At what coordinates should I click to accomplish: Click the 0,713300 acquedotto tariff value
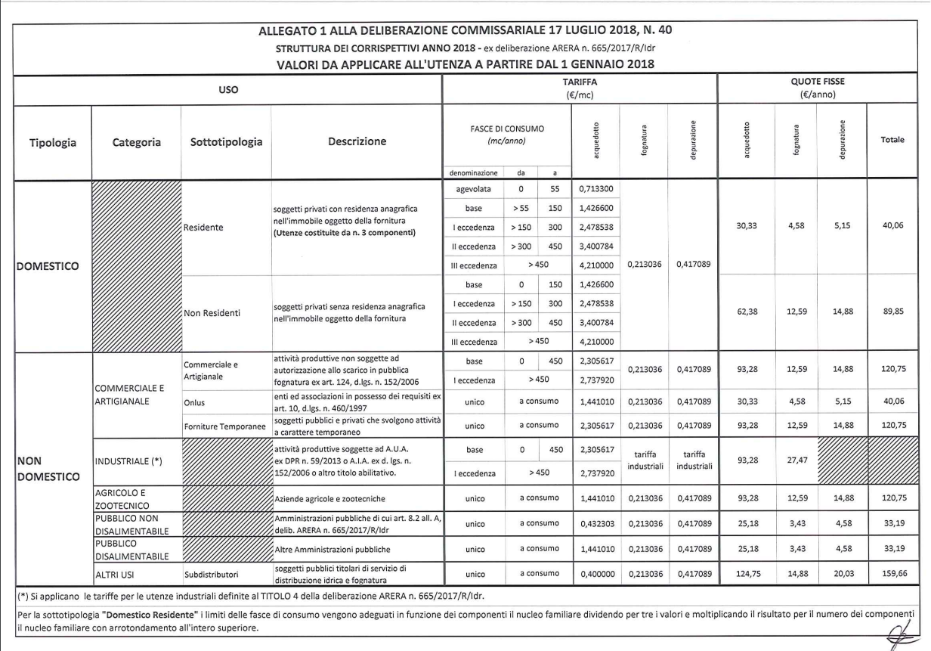point(593,188)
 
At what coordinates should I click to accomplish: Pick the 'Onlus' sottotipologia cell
point(193,403)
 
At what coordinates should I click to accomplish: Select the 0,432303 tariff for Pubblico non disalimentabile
point(593,523)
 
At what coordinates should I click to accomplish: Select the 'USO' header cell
point(227,89)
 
